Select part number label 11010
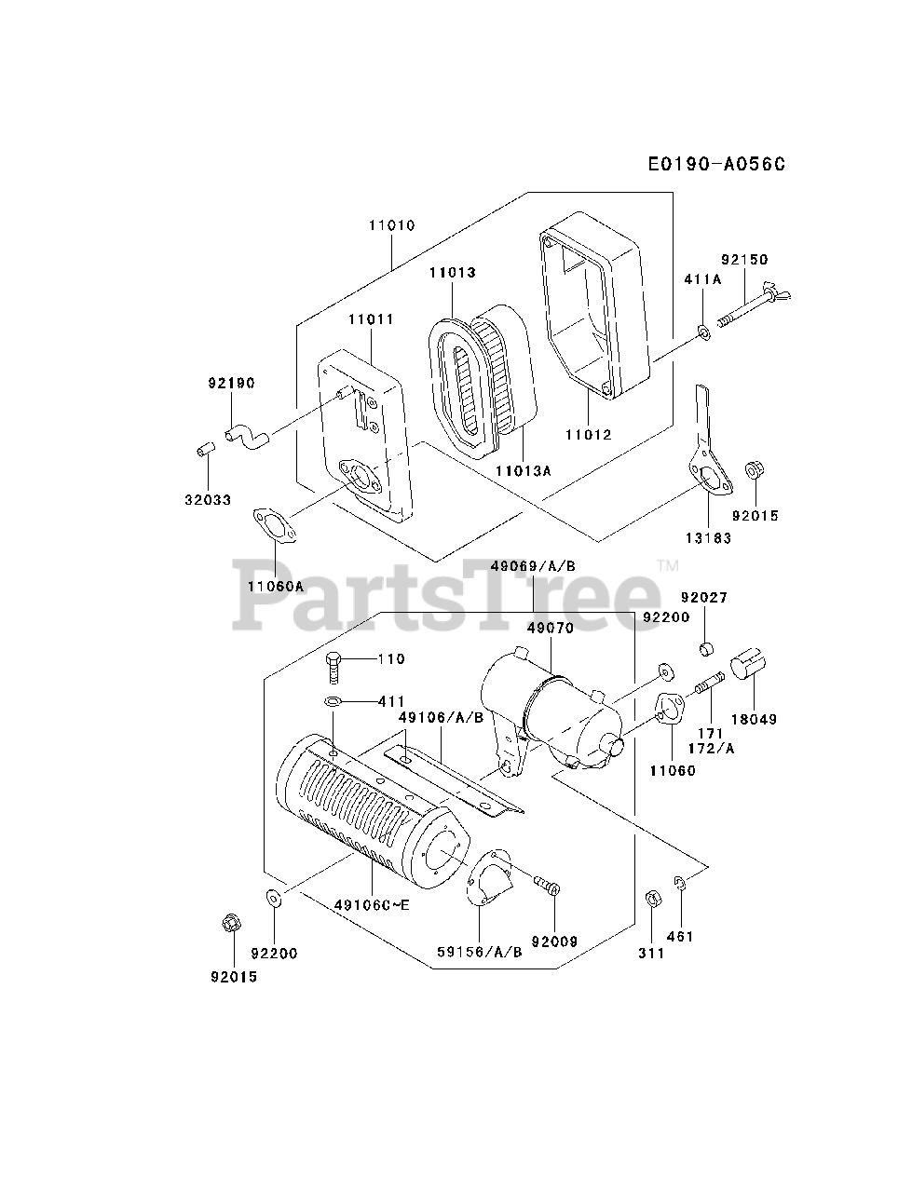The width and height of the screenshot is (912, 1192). (391, 225)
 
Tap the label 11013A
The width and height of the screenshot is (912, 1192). (523, 471)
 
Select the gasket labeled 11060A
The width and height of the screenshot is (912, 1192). (275, 528)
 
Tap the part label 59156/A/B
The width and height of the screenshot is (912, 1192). (480, 952)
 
